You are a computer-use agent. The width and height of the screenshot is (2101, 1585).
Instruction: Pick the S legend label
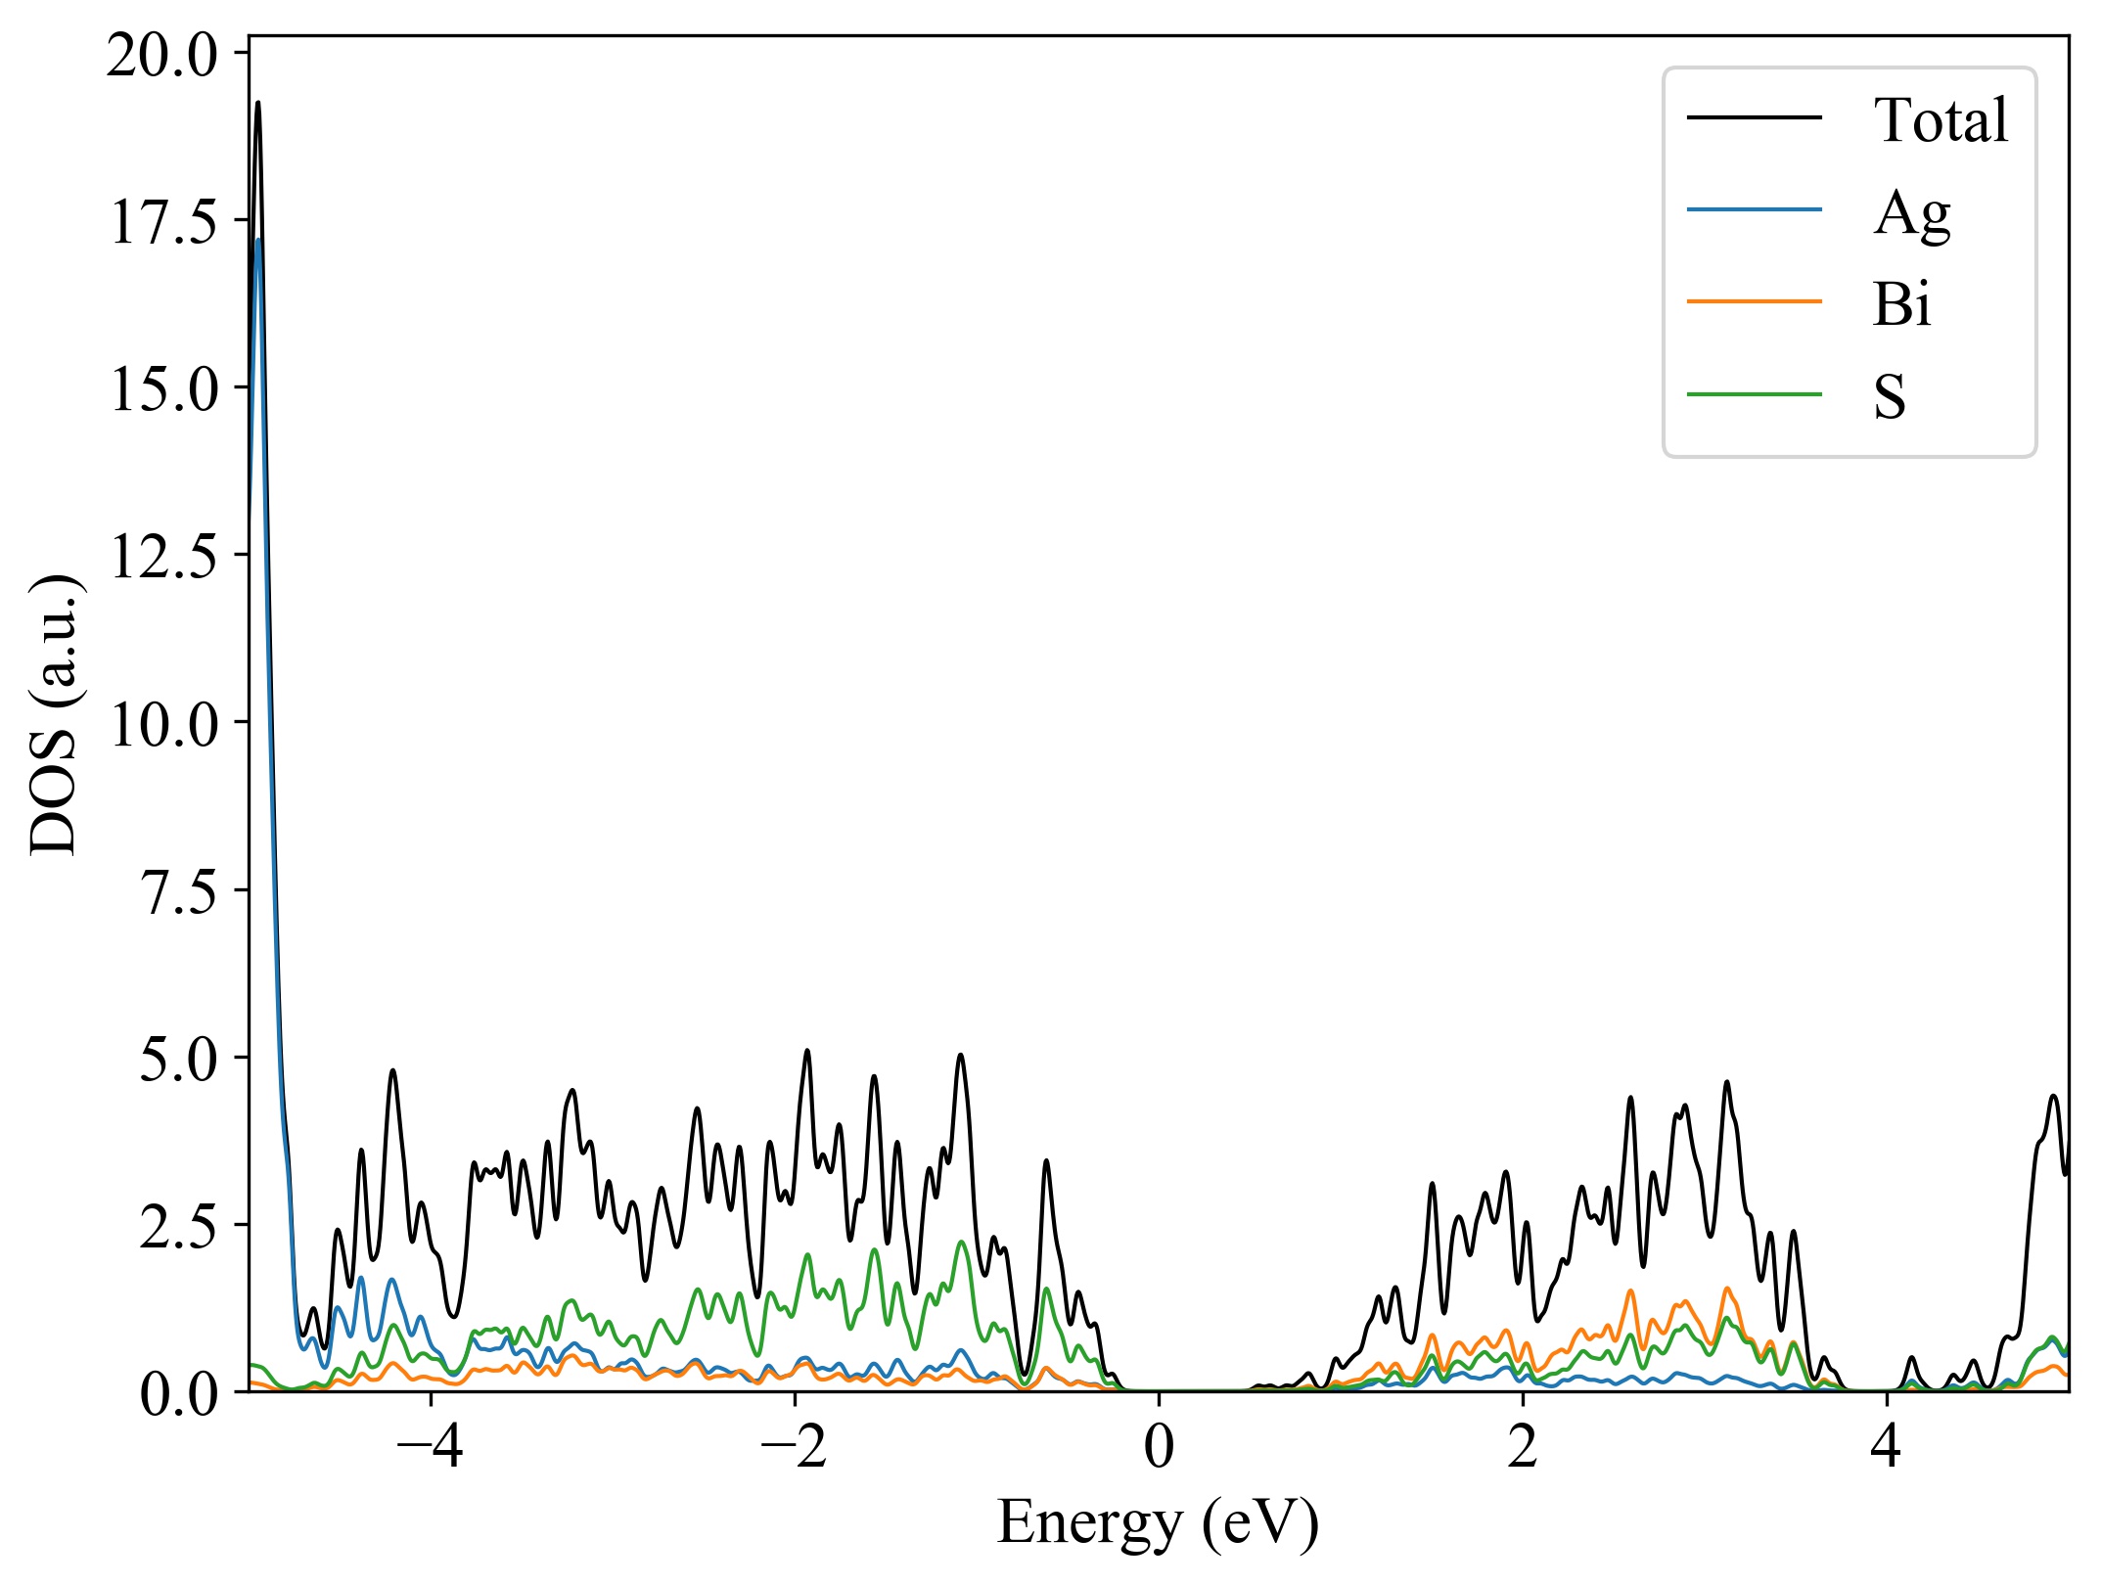click(1890, 396)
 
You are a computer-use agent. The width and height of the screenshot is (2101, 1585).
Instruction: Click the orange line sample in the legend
click(1754, 301)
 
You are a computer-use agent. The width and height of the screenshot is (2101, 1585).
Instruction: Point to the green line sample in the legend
click(1754, 394)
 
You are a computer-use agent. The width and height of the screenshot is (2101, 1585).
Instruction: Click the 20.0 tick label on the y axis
click(162, 56)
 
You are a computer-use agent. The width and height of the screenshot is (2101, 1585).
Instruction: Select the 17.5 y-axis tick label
click(162, 222)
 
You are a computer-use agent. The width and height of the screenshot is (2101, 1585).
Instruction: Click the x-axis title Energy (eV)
click(1158, 1523)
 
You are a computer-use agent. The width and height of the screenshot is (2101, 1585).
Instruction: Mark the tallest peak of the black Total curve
click(257, 103)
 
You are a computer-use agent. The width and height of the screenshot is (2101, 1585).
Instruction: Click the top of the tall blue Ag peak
click(258, 241)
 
